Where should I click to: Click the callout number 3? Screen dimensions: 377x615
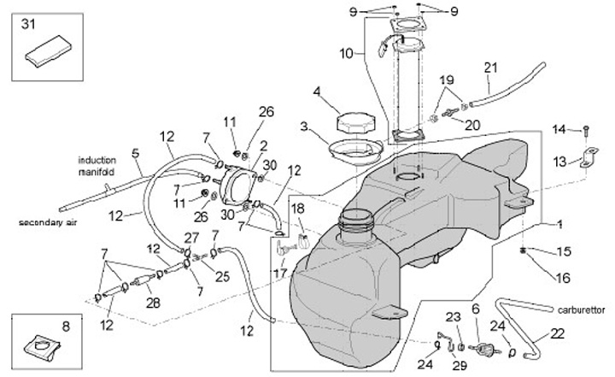(303, 126)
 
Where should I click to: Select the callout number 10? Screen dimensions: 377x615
(345, 53)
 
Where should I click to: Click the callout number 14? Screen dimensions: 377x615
(559, 129)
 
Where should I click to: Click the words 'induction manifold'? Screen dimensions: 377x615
(96, 166)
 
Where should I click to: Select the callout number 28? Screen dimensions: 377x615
(154, 303)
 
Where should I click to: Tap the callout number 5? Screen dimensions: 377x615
(134, 153)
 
